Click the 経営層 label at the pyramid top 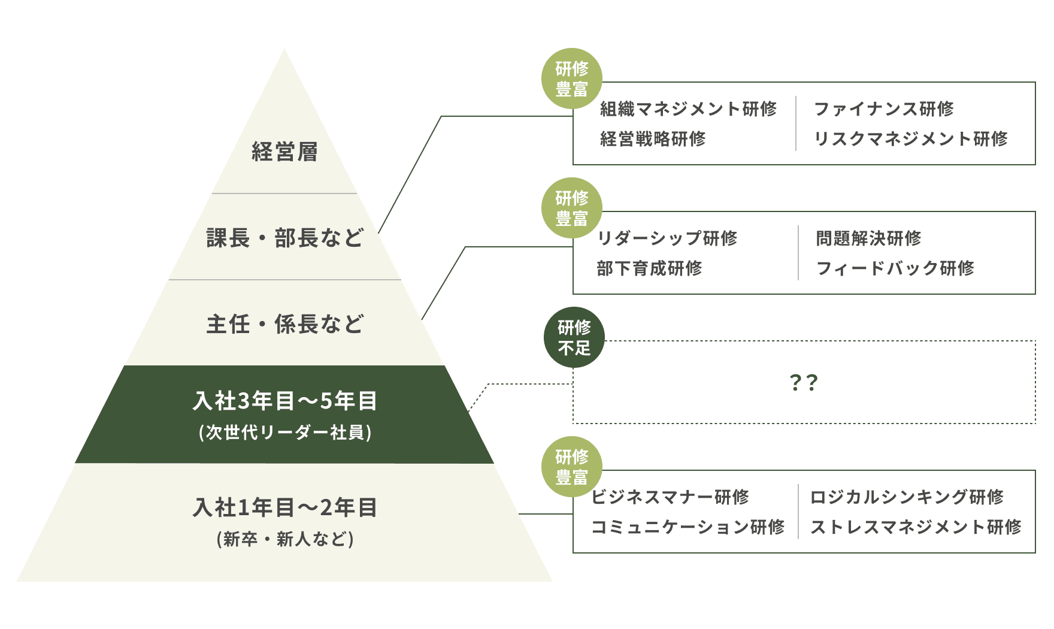pyautogui.click(x=284, y=152)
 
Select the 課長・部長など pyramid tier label pyautogui.click(x=284, y=238)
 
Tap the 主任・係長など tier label pyautogui.click(x=284, y=325)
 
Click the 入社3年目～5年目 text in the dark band pyautogui.click(x=284, y=401)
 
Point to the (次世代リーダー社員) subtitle pyautogui.click(x=284, y=433)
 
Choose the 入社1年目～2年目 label pyautogui.click(x=284, y=507)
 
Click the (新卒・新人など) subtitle pyautogui.click(x=284, y=539)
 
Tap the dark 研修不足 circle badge pyautogui.click(x=574, y=337)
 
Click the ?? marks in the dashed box pyautogui.click(x=804, y=383)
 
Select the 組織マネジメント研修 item pyautogui.click(x=688, y=109)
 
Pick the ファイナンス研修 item pyautogui.click(x=883, y=109)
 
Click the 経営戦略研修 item pyautogui.click(x=653, y=139)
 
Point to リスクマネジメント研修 pyautogui.click(x=910, y=139)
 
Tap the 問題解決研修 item pyautogui.click(x=868, y=238)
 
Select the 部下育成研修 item pyautogui.click(x=649, y=268)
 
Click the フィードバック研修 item pyautogui.click(x=895, y=268)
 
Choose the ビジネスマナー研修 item pyautogui.click(x=670, y=497)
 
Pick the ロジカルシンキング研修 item pyautogui.click(x=906, y=497)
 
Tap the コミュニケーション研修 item pyautogui.click(x=687, y=527)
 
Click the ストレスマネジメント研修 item pyautogui.click(x=916, y=527)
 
